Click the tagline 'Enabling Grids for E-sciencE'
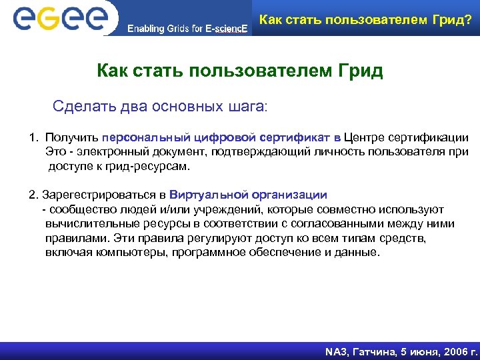click(x=188, y=29)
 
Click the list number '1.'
click(x=34, y=138)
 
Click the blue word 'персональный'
click(x=139, y=138)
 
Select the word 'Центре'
click(x=366, y=138)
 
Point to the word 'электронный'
click(x=107, y=152)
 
